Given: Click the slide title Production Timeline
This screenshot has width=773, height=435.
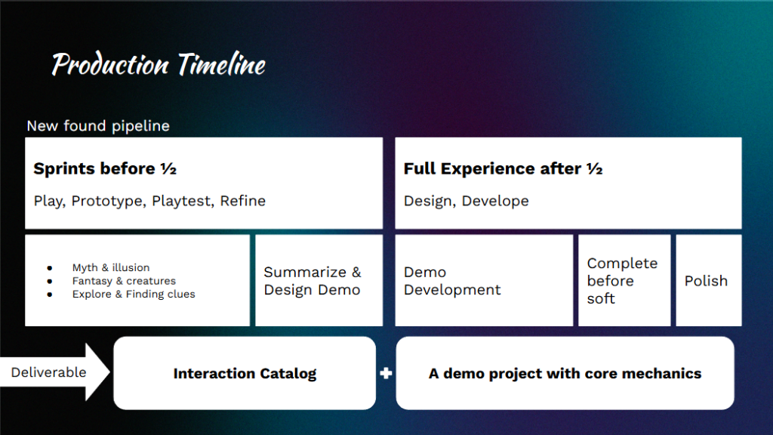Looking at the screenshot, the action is point(159,64).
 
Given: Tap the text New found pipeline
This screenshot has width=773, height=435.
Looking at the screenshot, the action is point(98,126).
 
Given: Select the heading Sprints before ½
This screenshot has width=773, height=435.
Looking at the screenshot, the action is point(104,168).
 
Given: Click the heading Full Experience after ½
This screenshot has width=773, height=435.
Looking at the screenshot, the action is point(503,168).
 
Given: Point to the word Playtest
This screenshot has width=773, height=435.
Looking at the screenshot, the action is point(182,201).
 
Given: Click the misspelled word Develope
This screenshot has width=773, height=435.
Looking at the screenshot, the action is point(495,201).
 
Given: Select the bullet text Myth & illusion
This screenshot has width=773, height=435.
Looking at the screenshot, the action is point(111,267).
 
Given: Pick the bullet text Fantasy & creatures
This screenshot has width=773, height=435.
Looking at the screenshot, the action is point(124,281).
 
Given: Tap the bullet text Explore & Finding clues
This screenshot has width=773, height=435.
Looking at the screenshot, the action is point(134,294).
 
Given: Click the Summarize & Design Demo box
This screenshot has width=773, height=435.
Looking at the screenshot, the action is point(319,280).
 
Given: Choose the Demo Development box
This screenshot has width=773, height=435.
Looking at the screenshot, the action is point(484,280).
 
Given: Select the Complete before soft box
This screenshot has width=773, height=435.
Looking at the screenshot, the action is point(624,280).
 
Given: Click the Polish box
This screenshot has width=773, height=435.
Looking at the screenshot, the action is point(708,280).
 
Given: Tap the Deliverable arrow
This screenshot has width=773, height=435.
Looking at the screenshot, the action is point(54,372).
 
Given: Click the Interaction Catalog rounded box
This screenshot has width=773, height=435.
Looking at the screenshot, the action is point(245,373).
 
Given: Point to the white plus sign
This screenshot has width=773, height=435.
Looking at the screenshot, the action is point(386,373).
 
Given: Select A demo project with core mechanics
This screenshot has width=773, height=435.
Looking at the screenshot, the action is point(565,373).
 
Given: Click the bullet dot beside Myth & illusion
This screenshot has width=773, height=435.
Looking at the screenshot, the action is point(50,268).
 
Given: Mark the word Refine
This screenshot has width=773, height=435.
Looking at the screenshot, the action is point(242,201).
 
